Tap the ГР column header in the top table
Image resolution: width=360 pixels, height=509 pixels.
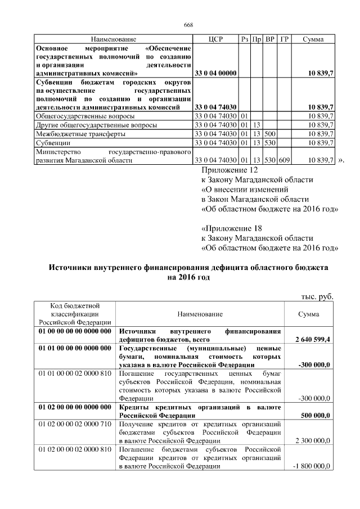coord(285,39)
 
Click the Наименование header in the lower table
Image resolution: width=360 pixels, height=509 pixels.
coord(200,313)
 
